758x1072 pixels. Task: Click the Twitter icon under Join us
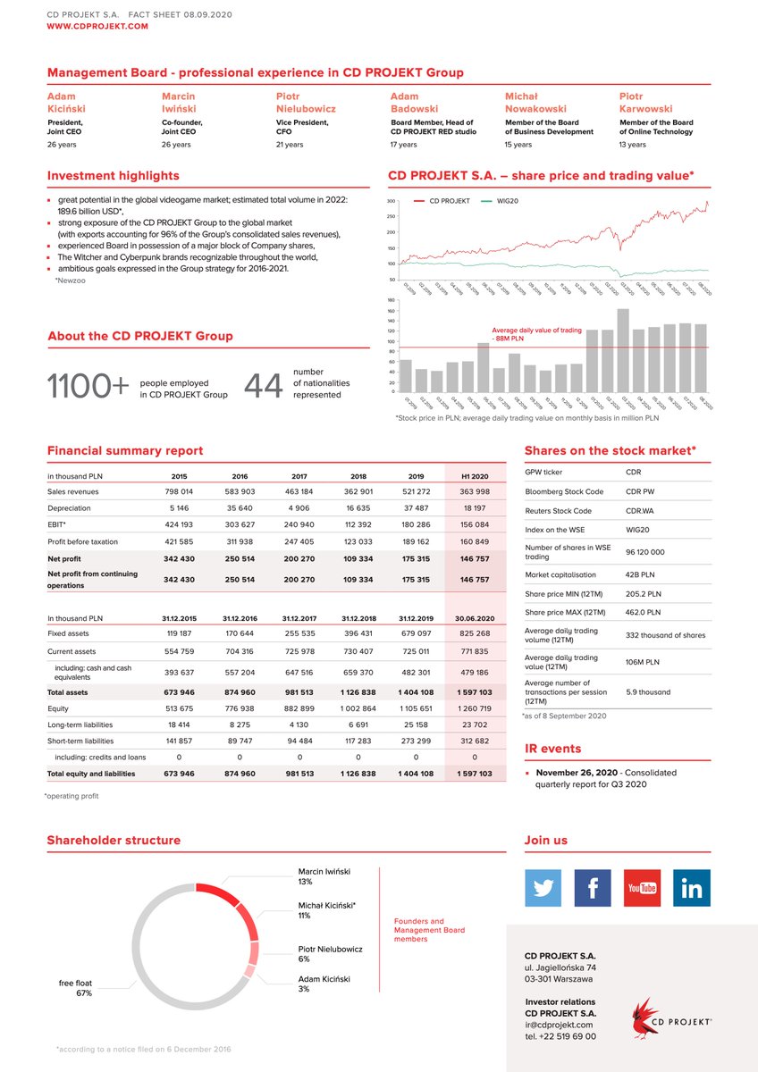coord(543,888)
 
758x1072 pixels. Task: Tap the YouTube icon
coord(642,888)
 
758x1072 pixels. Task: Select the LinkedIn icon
coord(692,888)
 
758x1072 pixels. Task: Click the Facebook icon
coord(593,888)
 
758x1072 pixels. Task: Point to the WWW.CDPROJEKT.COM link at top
coord(97,27)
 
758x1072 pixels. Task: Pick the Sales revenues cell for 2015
coord(179,491)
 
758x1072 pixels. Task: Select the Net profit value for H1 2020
coord(474,557)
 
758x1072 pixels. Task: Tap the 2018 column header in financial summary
coord(358,476)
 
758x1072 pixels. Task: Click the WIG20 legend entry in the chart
coord(501,201)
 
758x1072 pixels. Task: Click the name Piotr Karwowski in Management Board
coord(645,102)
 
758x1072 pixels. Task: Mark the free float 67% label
coord(75,988)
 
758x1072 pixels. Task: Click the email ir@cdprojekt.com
coord(559,1025)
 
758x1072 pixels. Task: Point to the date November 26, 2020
coord(577,772)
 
